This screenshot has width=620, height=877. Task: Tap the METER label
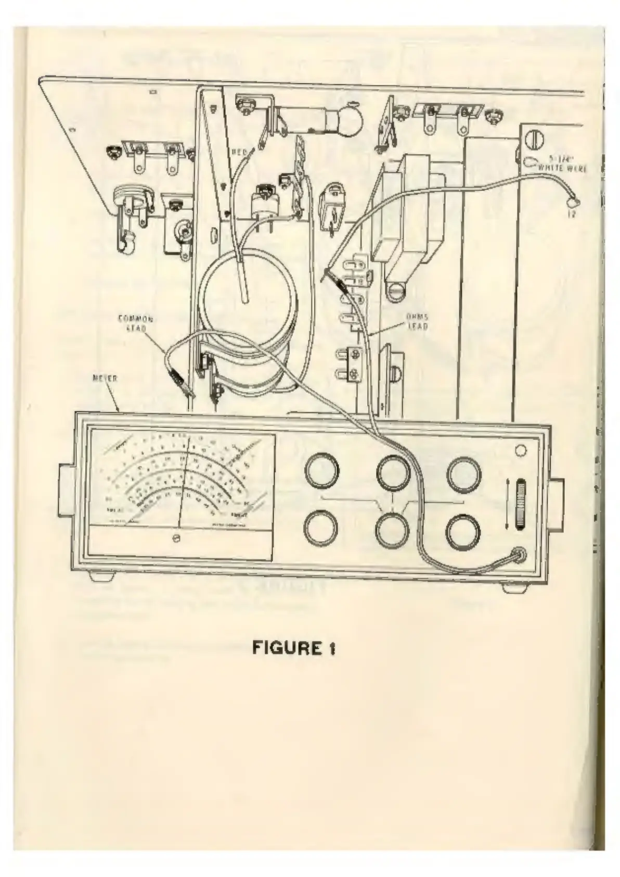pyautogui.click(x=105, y=379)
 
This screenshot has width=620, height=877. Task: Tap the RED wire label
pyautogui.click(x=238, y=152)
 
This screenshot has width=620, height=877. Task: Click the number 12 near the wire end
pyautogui.click(x=571, y=214)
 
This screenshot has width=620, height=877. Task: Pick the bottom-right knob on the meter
pyautogui.click(x=463, y=532)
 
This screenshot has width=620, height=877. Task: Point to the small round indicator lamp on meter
pyautogui.click(x=521, y=450)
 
